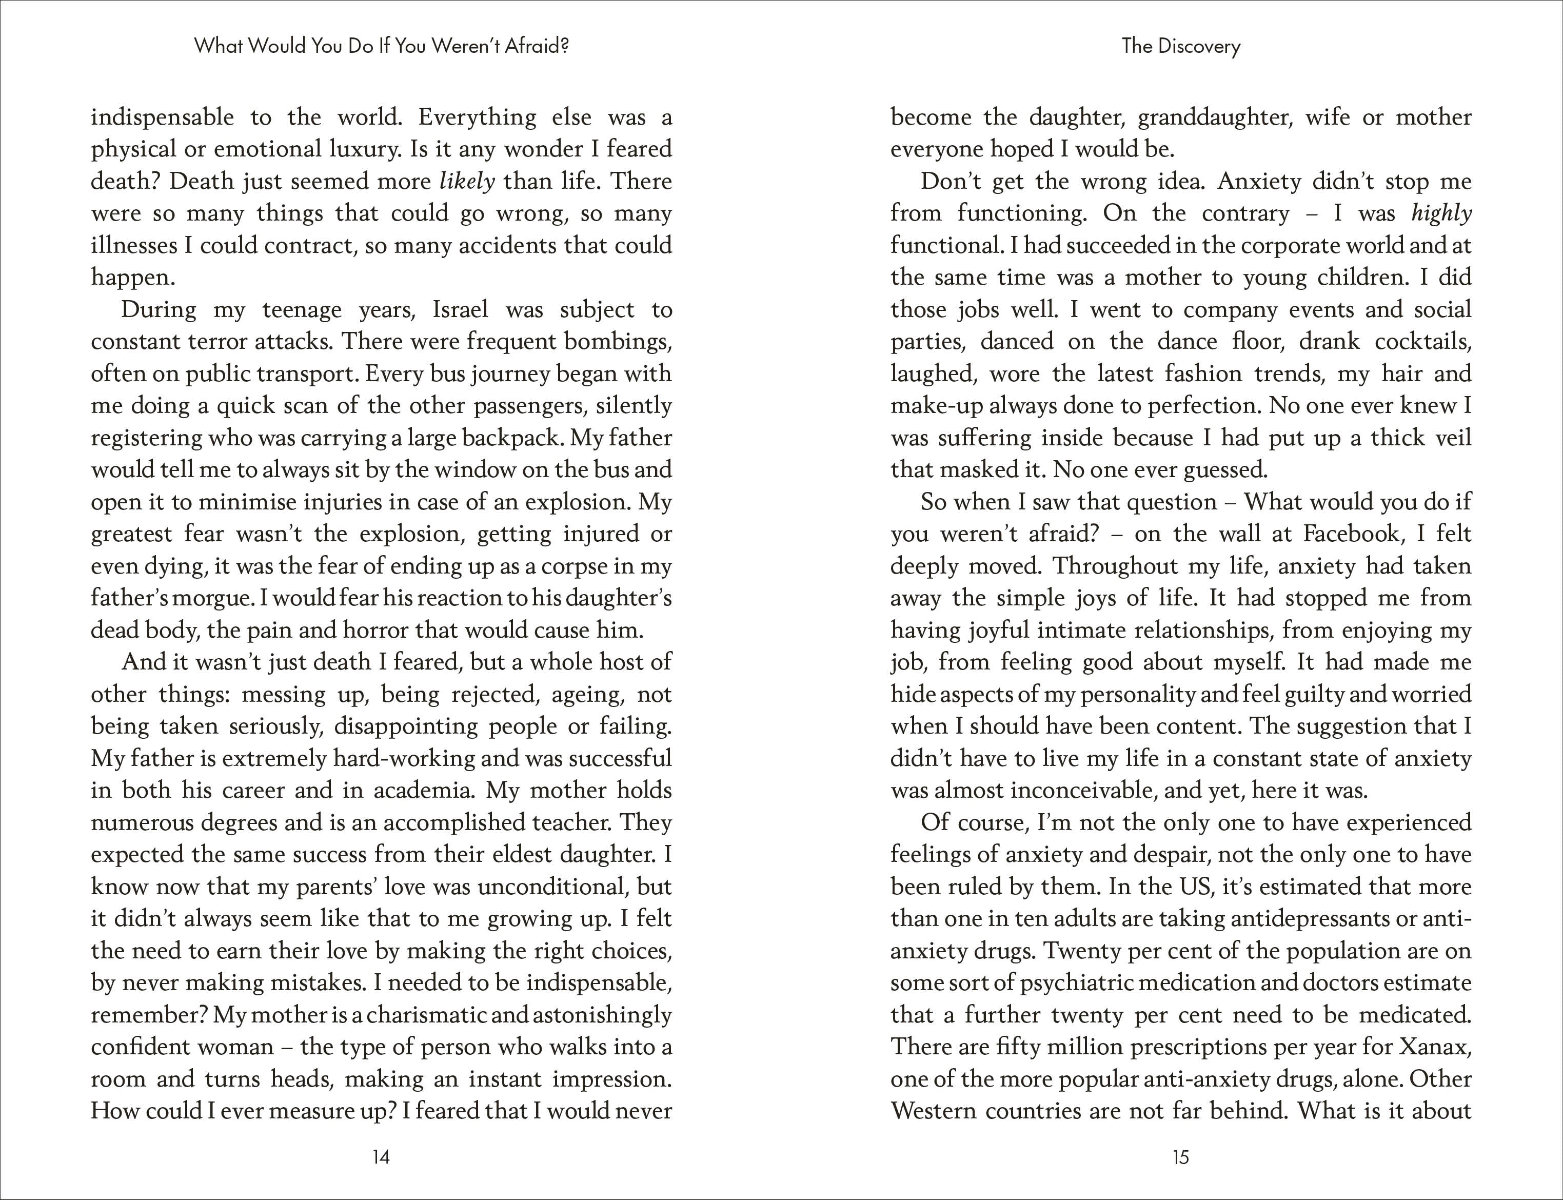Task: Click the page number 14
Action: click(x=381, y=1157)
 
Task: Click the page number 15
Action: click(x=1180, y=1157)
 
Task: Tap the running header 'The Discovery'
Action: click(x=1181, y=46)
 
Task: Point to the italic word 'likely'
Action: click(x=467, y=182)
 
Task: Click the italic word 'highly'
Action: click(x=1441, y=213)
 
